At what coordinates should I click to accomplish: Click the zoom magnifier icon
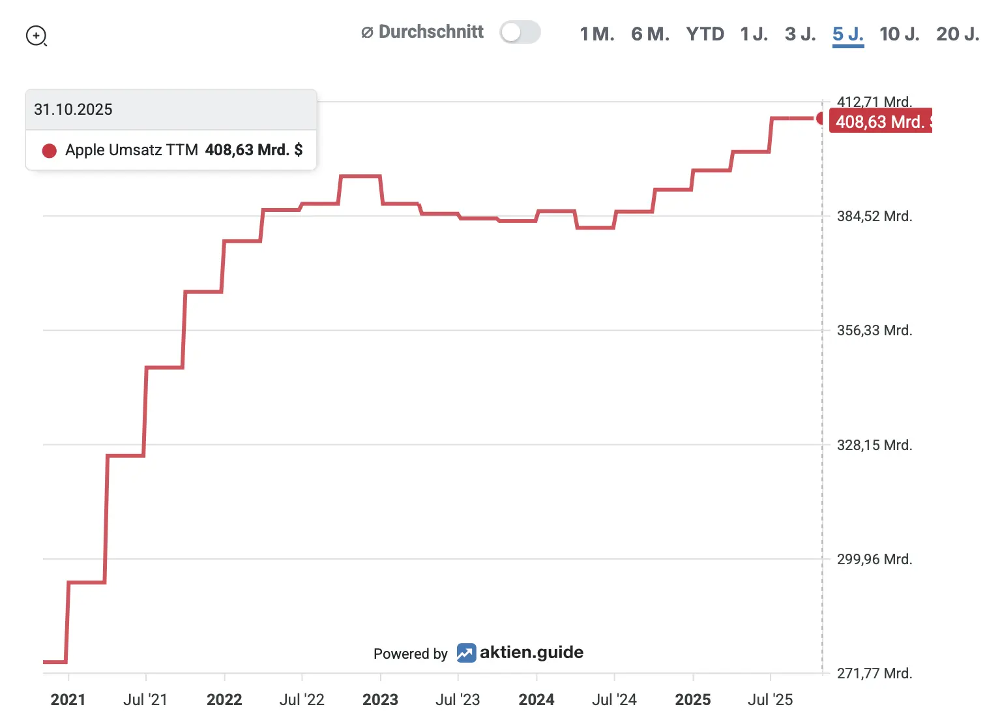tap(37, 36)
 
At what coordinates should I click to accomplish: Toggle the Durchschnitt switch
tap(520, 32)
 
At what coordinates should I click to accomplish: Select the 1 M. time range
tap(596, 34)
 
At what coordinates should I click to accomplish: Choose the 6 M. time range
tap(650, 34)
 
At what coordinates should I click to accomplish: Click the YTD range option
tap(705, 34)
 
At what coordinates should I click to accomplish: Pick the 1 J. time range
tap(754, 34)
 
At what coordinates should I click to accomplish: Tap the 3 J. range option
tap(800, 34)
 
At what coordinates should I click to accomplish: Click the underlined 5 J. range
tap(847, 34)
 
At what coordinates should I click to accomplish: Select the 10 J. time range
tap(899, 34)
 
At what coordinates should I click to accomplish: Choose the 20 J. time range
tap(957, 34)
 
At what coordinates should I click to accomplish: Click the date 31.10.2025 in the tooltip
tap(73, 110)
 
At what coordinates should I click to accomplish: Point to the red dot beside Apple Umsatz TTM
tap(49, 151)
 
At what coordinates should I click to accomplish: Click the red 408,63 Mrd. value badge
tap(880, 121)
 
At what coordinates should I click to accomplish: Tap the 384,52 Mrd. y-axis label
tap(874, 217)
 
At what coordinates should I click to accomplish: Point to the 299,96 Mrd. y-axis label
tap(874, 560)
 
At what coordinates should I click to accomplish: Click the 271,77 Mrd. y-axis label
tap(874, 674)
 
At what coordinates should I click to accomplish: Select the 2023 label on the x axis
tap(380, 700)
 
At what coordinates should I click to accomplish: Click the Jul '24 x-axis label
tap(613, 700)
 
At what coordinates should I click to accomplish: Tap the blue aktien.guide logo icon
tap(466, 653)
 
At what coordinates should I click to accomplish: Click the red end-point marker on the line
tap(821, 118)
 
